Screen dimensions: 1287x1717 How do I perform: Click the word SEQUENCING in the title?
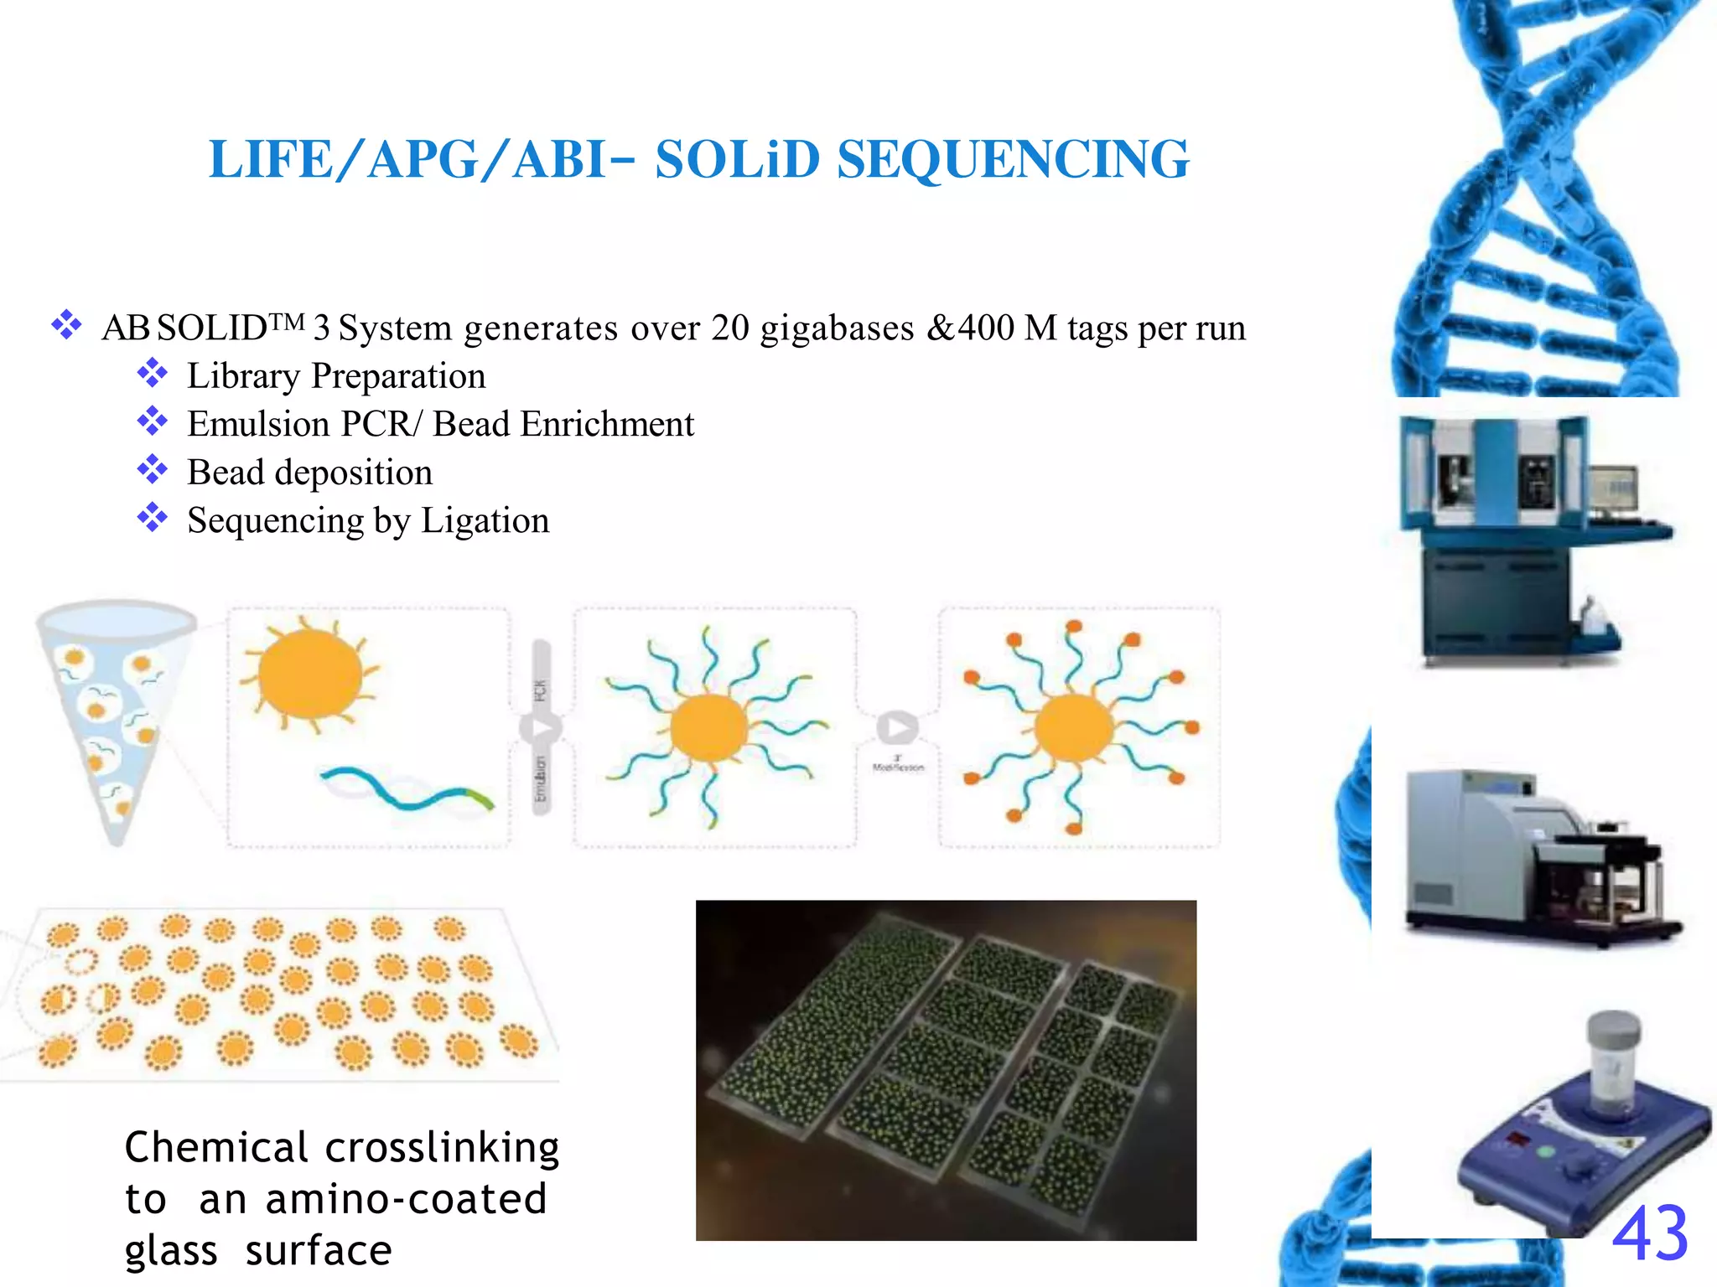coord(1013,159)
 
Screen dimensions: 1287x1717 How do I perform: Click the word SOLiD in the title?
coord(737,159)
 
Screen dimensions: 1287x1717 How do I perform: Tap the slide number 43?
coord(1649,1233)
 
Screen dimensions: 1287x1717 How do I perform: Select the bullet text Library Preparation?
coord(336,376)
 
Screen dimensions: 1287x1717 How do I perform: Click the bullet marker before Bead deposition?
coord(153,469)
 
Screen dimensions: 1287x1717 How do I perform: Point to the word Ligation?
coord(485,521)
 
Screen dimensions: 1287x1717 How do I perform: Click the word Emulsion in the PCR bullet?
coord(258,425)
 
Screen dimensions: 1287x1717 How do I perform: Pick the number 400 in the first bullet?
coord(986,328)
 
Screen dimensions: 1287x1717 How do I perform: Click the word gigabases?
coord(837,328)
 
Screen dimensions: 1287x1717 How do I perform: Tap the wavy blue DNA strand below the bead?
coord(407,789)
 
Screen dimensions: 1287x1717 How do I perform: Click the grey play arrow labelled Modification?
coord(897,728)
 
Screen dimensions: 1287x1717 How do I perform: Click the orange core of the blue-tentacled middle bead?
coord(708,727)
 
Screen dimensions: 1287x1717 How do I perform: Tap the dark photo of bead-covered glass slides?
coord(946,1070)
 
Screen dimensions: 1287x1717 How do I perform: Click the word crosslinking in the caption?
coord(442,1148)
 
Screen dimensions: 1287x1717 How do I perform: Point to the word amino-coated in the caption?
coord(406,1199)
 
